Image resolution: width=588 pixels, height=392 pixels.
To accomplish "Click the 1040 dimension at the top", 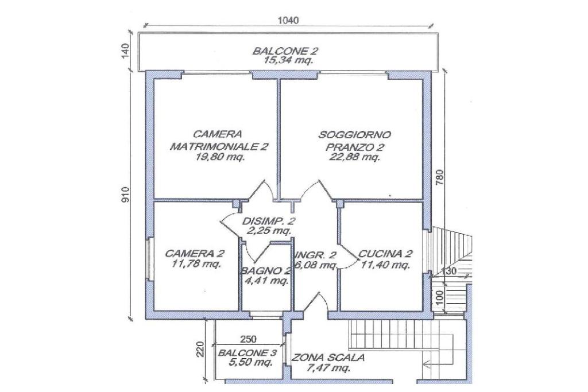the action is (288, 20).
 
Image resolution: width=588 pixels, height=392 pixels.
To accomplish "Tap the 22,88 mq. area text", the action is (355, 157).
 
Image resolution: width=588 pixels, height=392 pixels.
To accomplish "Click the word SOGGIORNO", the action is (355, 135).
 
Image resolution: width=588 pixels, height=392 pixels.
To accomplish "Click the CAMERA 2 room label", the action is (195, 253).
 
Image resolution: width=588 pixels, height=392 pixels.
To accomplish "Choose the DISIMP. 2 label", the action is (269, 221).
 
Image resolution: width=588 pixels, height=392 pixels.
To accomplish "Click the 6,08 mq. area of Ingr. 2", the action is (316, 265).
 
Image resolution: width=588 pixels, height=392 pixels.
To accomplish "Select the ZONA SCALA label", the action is (328, 357).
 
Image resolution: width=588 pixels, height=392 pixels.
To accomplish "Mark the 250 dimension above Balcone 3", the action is (248, 339).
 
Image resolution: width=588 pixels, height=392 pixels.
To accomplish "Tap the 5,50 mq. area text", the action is (249, 363).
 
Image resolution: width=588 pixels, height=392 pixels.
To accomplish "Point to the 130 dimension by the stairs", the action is (450, 271).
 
